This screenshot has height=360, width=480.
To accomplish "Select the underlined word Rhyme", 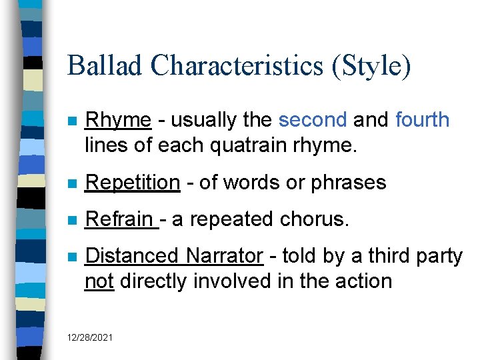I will (x=119, y=121).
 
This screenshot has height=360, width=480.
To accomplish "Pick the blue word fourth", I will (x=423, y=120).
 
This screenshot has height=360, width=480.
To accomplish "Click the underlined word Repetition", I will (x=133, y=183).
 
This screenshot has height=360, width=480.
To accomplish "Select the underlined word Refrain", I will (x=121, y=219).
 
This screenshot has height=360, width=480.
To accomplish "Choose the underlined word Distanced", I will (x=131, y=256).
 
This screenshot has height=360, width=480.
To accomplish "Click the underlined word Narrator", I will (x=224, y=256).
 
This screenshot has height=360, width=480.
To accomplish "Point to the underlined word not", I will (x=100, y=281).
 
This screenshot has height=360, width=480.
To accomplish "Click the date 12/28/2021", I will (x=90, y=339).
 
